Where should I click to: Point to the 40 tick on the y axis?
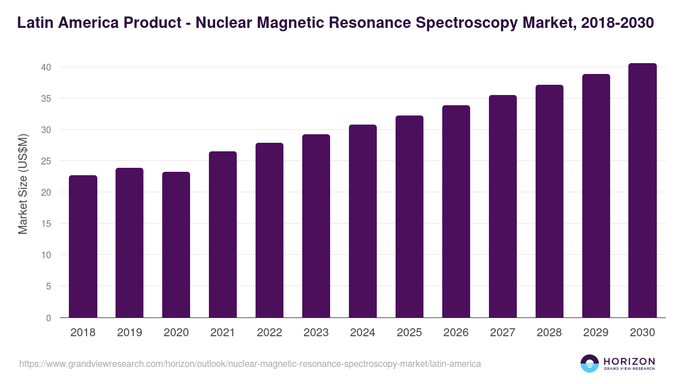tap(46, 67)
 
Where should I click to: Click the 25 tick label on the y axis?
tap(46, 161)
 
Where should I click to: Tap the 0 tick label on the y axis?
tap(48, 318)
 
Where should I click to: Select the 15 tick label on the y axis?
tap(46, 224)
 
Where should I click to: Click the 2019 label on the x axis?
tap(130, 333)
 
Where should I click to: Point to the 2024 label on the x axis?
tap(363, 333)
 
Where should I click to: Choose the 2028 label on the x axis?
tap(549, 333)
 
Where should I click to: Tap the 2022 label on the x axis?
tap(269, 333)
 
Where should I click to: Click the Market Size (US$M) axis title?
tap(23, 184)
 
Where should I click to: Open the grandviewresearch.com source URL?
tap(250, 364)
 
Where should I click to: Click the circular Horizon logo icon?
tap(590, 364)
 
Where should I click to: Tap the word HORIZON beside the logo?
tap(629, 361)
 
